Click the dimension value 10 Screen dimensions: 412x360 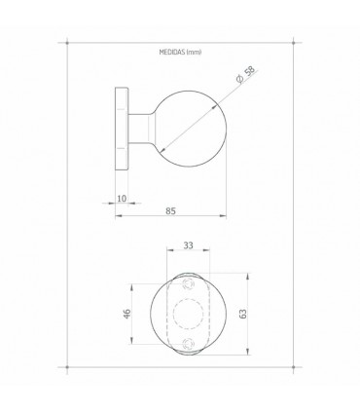122,199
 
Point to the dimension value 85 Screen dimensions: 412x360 171,208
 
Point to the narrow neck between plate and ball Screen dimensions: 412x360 142,130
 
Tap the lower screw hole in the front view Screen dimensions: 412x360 188,344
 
